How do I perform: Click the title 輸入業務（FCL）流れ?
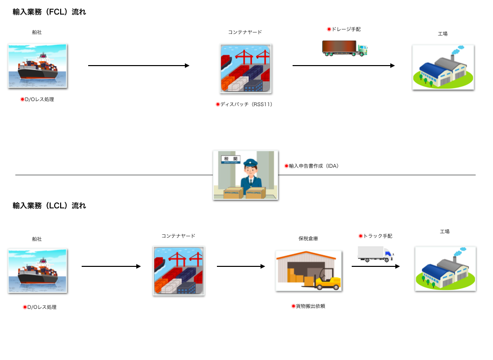pos(49,12)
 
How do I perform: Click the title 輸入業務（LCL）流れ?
pos(49,206)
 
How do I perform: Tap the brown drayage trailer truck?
pos(345,48)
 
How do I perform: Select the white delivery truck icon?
pos(375,254)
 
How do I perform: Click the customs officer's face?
pos(251,171)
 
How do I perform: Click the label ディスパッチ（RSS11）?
pos(246,104)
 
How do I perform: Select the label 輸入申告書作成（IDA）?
pos(314,166)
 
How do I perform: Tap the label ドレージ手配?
pos(346,29)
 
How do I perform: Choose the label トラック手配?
pos(378,236)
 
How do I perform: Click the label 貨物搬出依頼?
pos(310,306)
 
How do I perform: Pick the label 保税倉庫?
pos(308,238)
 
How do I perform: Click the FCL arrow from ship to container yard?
pos(139,66)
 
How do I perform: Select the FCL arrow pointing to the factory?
pos(344,66)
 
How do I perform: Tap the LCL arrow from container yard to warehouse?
pos(241,266)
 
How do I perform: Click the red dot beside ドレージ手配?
pos(329,29)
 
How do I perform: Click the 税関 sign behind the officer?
pos(231,159)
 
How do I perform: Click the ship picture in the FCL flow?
pos(38,66)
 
